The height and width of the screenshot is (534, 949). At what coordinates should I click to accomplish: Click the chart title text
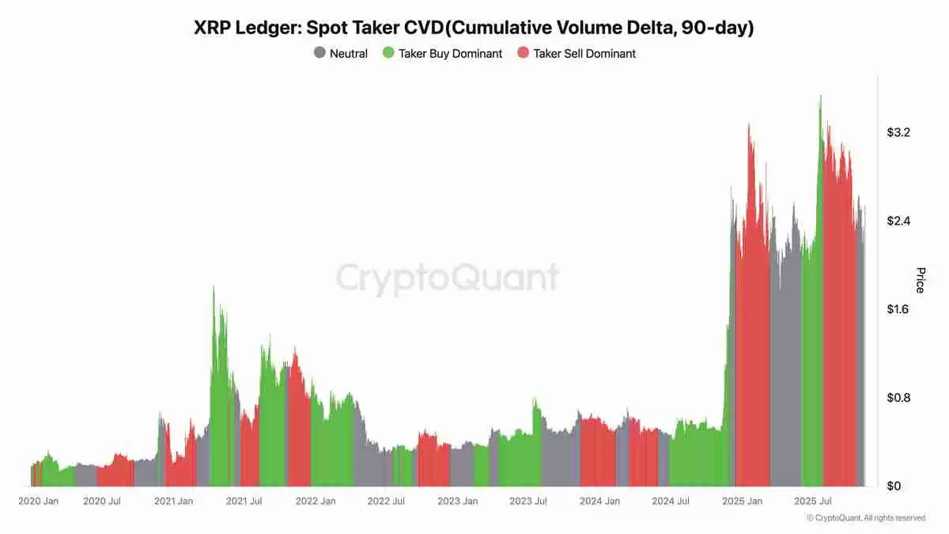474,28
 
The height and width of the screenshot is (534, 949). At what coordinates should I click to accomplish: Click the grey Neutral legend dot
319,54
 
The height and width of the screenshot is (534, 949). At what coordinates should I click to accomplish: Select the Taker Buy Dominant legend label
450,54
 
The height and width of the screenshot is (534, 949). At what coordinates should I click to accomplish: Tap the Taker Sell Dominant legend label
584,54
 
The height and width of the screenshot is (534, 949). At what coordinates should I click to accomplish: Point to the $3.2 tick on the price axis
898,132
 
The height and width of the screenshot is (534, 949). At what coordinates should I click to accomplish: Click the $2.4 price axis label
898,221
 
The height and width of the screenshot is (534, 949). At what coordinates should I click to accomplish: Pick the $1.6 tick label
898,309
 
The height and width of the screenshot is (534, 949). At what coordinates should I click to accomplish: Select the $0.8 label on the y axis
898,398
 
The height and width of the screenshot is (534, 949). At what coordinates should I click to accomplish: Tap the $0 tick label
894,486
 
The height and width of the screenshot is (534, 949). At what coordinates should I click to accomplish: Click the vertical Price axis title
920,281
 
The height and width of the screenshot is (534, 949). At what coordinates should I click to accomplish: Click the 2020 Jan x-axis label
38,502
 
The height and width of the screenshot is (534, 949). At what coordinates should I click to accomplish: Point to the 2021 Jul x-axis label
244,502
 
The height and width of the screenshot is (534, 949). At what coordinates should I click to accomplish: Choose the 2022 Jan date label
315,502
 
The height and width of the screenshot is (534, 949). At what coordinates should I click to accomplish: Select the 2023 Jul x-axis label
528,502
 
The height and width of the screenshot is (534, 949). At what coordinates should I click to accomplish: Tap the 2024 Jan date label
599,502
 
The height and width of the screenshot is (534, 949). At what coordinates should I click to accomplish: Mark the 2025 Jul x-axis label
813,502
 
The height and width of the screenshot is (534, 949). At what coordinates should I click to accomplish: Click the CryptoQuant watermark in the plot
448,278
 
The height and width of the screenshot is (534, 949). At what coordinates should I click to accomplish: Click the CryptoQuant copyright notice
865,518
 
